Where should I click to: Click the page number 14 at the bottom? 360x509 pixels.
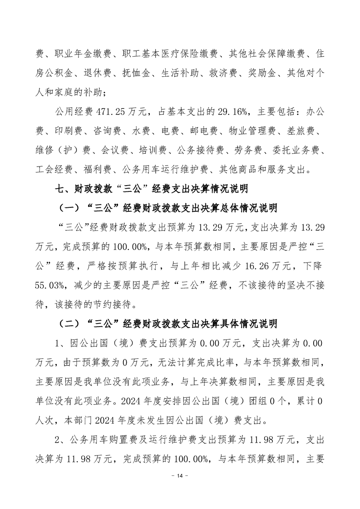point(180,489)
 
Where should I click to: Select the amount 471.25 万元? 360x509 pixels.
point(108,112)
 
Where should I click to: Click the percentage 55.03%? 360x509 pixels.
point(48,283)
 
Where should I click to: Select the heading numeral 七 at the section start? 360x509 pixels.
point(58,187)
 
